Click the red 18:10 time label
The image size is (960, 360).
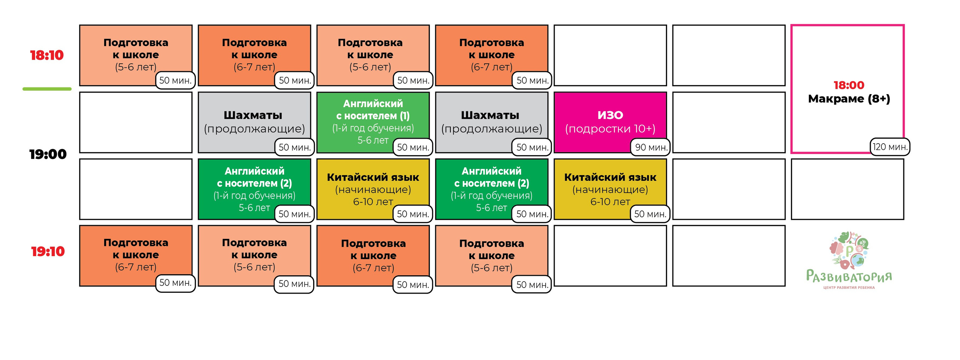tap(47, 55)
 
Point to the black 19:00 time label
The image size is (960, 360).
tap(48, 154)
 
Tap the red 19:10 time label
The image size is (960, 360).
tap(48, 251)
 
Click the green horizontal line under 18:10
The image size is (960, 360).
tap(47, 89)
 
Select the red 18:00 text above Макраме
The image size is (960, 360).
tap(849, 85)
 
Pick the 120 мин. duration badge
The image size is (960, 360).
tap(890, 147)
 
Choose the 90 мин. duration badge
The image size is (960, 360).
tap(651, 147)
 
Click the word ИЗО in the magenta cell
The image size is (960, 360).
tap(610, 115)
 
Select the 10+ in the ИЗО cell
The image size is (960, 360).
tap(643, 129)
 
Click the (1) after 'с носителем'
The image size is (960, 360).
tap(405, 116)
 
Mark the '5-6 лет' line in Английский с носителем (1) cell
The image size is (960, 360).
tap(373, 140)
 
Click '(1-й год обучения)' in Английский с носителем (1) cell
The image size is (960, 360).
tap(373, 128)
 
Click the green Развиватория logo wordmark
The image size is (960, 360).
tap(849, 276)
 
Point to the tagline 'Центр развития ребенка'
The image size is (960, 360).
tap(849, 288)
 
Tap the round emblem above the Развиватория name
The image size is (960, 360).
tap(849, 250)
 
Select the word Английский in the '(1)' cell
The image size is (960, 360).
tap(373, 103)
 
